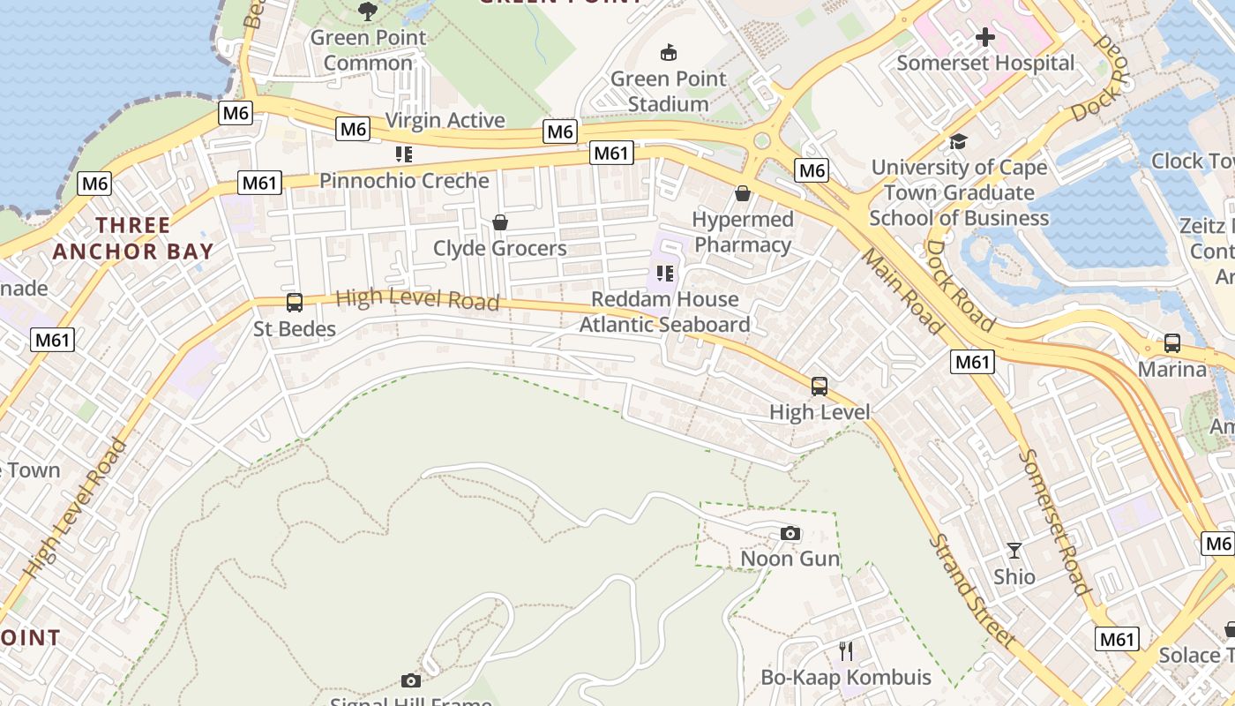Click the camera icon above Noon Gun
click(790, 533)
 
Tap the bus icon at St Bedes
click(295, 303)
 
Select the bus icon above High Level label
click(820, 386)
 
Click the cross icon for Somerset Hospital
click(985, 37)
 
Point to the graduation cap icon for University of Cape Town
click(958, 141)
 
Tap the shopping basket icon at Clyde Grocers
click(500, 222)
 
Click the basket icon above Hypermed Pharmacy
click(743, 193)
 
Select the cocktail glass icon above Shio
click(1014, 551)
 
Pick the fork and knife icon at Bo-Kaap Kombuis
click(846, 651)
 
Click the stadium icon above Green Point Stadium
click(669, 53)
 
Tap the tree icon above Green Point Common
click(368, 11)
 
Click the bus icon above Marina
click(1172, 343)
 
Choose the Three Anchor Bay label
click(133, 238)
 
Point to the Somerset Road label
click(1055, 521)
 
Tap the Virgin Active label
click(445, 120)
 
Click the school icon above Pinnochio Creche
click(404, 155)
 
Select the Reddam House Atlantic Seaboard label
click(664, 312)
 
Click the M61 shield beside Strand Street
click(1118, 639)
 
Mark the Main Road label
click(902, 291)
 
